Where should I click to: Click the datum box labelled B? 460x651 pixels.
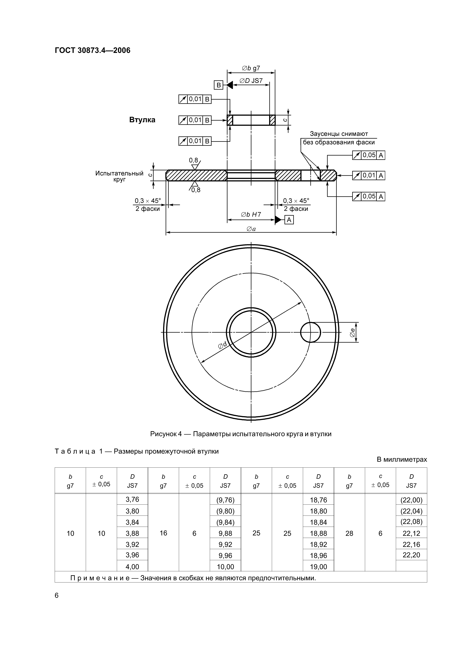[218, 85]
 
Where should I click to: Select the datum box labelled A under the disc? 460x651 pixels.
[289, 220]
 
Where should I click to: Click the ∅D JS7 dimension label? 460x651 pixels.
[251, 81]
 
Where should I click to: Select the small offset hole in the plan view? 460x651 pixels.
[310, 332]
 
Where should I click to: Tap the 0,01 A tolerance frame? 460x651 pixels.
[368, 176]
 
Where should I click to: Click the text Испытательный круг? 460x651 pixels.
[119, 176]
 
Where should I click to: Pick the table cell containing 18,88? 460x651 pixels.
[318, 533]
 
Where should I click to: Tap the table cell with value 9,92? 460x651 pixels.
[225, 544]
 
